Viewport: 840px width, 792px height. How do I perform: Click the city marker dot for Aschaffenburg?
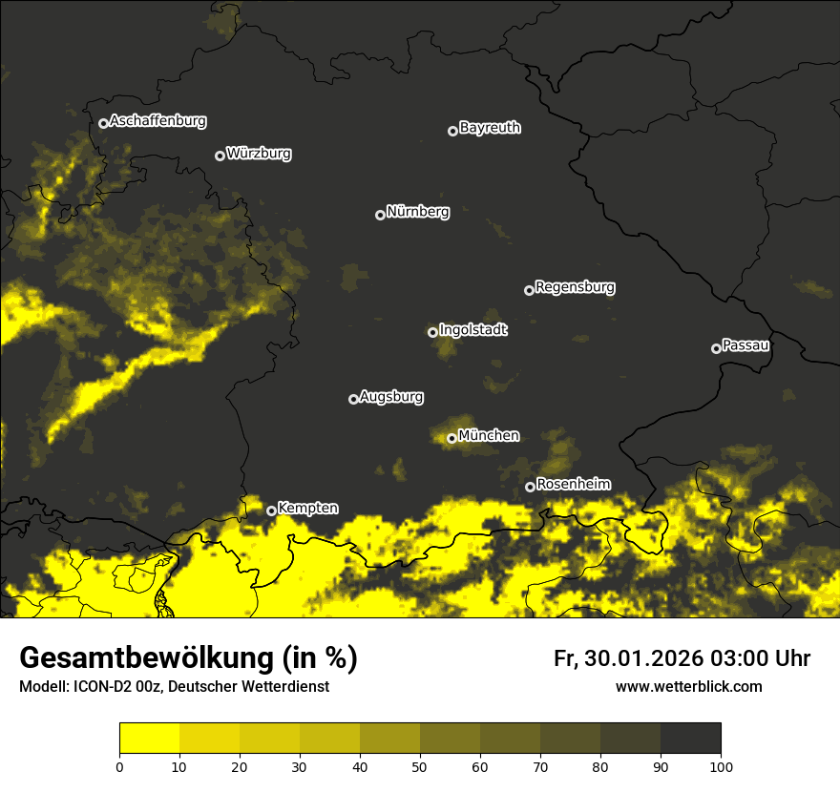(103, 123)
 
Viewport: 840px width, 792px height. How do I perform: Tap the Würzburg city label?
(259, 154)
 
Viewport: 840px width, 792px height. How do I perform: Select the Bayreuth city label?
(490, 128)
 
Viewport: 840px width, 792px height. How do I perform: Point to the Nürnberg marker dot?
(380, 215)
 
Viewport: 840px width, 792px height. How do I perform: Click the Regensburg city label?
(575, 287)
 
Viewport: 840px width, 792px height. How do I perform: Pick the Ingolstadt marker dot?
(432, 332)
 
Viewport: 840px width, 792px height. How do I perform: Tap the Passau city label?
(745, 345)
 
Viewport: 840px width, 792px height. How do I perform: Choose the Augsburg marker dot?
(353, 399)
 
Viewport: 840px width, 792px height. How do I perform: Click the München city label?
(489, 436)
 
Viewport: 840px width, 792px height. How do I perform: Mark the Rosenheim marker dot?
(530, 488)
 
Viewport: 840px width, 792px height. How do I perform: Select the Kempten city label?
(307, 509)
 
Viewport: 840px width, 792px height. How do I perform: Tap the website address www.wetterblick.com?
(688, 686)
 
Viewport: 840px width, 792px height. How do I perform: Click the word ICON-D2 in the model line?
(98, 687)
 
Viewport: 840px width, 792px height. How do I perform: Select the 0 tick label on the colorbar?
(119, 765)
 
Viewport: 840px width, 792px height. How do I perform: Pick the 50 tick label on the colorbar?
(420, 765)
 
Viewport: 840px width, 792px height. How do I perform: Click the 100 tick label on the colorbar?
(721, 765)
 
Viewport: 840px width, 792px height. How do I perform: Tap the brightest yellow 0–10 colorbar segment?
(149, 739)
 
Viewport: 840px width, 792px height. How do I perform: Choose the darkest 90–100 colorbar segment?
(690, 739)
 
